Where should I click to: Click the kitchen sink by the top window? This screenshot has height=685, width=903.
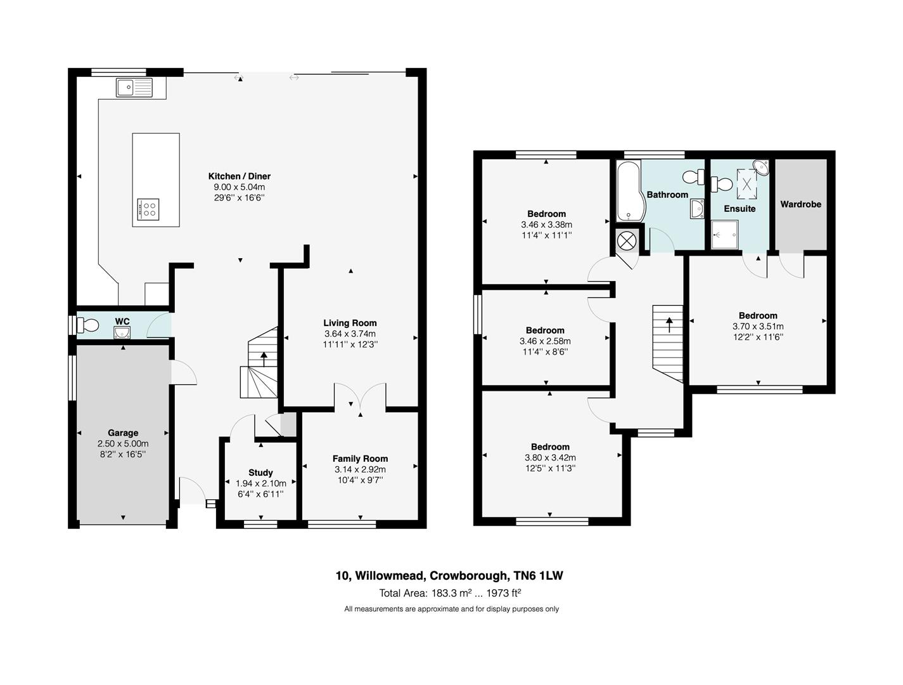point(134,88)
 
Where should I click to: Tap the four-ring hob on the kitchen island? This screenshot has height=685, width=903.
point(148,209)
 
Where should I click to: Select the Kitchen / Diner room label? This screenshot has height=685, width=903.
point(239,176)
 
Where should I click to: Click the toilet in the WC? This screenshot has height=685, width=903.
point(87,325)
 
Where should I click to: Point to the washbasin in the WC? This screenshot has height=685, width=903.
point(122,332)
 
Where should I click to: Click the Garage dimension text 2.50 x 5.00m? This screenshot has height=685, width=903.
point(123,443)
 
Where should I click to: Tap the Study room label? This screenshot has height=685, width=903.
point(260,473)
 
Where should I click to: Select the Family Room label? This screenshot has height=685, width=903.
point(360,459)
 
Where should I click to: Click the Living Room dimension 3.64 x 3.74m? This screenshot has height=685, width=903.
point(350,334)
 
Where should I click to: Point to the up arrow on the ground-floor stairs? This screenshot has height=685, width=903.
point(263,358)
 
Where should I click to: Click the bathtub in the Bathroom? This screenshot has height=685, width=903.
point(627,191)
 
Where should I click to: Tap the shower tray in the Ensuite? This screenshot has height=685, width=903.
point(724,235)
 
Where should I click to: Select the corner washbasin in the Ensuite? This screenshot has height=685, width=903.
point(761,167)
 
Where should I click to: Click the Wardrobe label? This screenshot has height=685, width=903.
point(800,204)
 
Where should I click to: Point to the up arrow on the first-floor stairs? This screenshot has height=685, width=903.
point(669,324)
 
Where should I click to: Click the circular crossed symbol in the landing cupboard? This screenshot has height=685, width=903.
point(627,240)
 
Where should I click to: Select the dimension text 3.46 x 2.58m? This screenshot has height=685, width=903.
point(545,341)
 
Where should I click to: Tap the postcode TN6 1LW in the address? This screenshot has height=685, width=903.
point(538,575)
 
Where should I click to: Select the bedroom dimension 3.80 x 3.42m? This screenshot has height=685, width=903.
point(550,457)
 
